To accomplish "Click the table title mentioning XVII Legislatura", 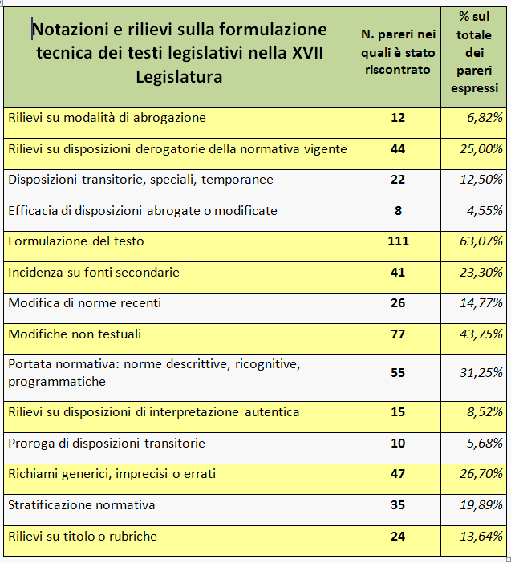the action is (x=179, y=53).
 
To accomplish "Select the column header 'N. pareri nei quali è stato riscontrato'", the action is (x=398, y=52).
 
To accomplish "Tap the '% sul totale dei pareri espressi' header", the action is (x=474, y=52).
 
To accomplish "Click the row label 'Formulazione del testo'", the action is (x=76, y=241).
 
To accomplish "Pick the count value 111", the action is (x=398, y=241).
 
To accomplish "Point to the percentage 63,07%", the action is (x=481, y=241).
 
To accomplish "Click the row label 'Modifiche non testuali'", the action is (x=75, y=334).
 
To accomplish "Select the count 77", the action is (x=398, y=334).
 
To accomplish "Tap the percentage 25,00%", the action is (x=481, y=148).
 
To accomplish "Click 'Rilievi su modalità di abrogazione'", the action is (x=107, y=118).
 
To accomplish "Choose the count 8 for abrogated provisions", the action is (x=398, y=210).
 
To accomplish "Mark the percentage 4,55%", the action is (x=485, y=210).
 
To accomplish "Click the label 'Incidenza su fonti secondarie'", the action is (x=94, y=272).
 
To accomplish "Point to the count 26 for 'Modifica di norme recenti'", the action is (x=398, y=303).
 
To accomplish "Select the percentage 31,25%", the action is (x=481, y=373).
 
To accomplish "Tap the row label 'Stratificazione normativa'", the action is (x=82, y=505).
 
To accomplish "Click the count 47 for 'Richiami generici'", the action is (x=398, y=474).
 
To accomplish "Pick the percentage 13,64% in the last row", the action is (x=481, y=536).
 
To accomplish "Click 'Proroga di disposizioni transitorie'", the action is (x=107, y=443).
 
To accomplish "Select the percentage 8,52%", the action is (x=485, y=412).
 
